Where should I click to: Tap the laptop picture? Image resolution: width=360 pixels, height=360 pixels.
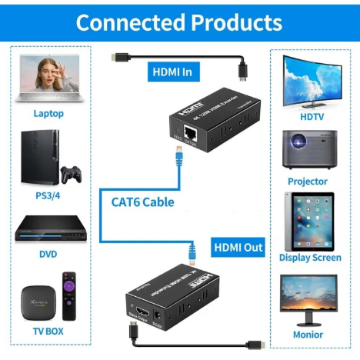[x=48, y=78]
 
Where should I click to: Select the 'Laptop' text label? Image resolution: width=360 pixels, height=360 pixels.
[x=48, y=114]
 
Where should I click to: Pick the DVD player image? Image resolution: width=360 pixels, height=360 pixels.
[x=48, y=228]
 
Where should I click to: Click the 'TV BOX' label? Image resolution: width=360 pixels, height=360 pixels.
[x=48, y=332]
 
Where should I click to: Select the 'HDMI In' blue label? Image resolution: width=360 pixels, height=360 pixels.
[x=175, y=72]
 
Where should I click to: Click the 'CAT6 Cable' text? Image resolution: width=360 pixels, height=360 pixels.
[x=137, y=202]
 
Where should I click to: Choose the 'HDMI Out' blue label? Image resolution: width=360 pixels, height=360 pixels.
[x=238, y=248]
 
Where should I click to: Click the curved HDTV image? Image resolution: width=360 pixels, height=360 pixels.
[x=313, y=80]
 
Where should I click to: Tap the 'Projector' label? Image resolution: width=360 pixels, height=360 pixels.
[x=308, y=182]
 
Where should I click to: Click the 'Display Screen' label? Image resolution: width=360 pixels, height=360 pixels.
[x=310, y=258]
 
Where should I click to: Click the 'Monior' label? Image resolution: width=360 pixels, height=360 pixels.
[x=308, y=335]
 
